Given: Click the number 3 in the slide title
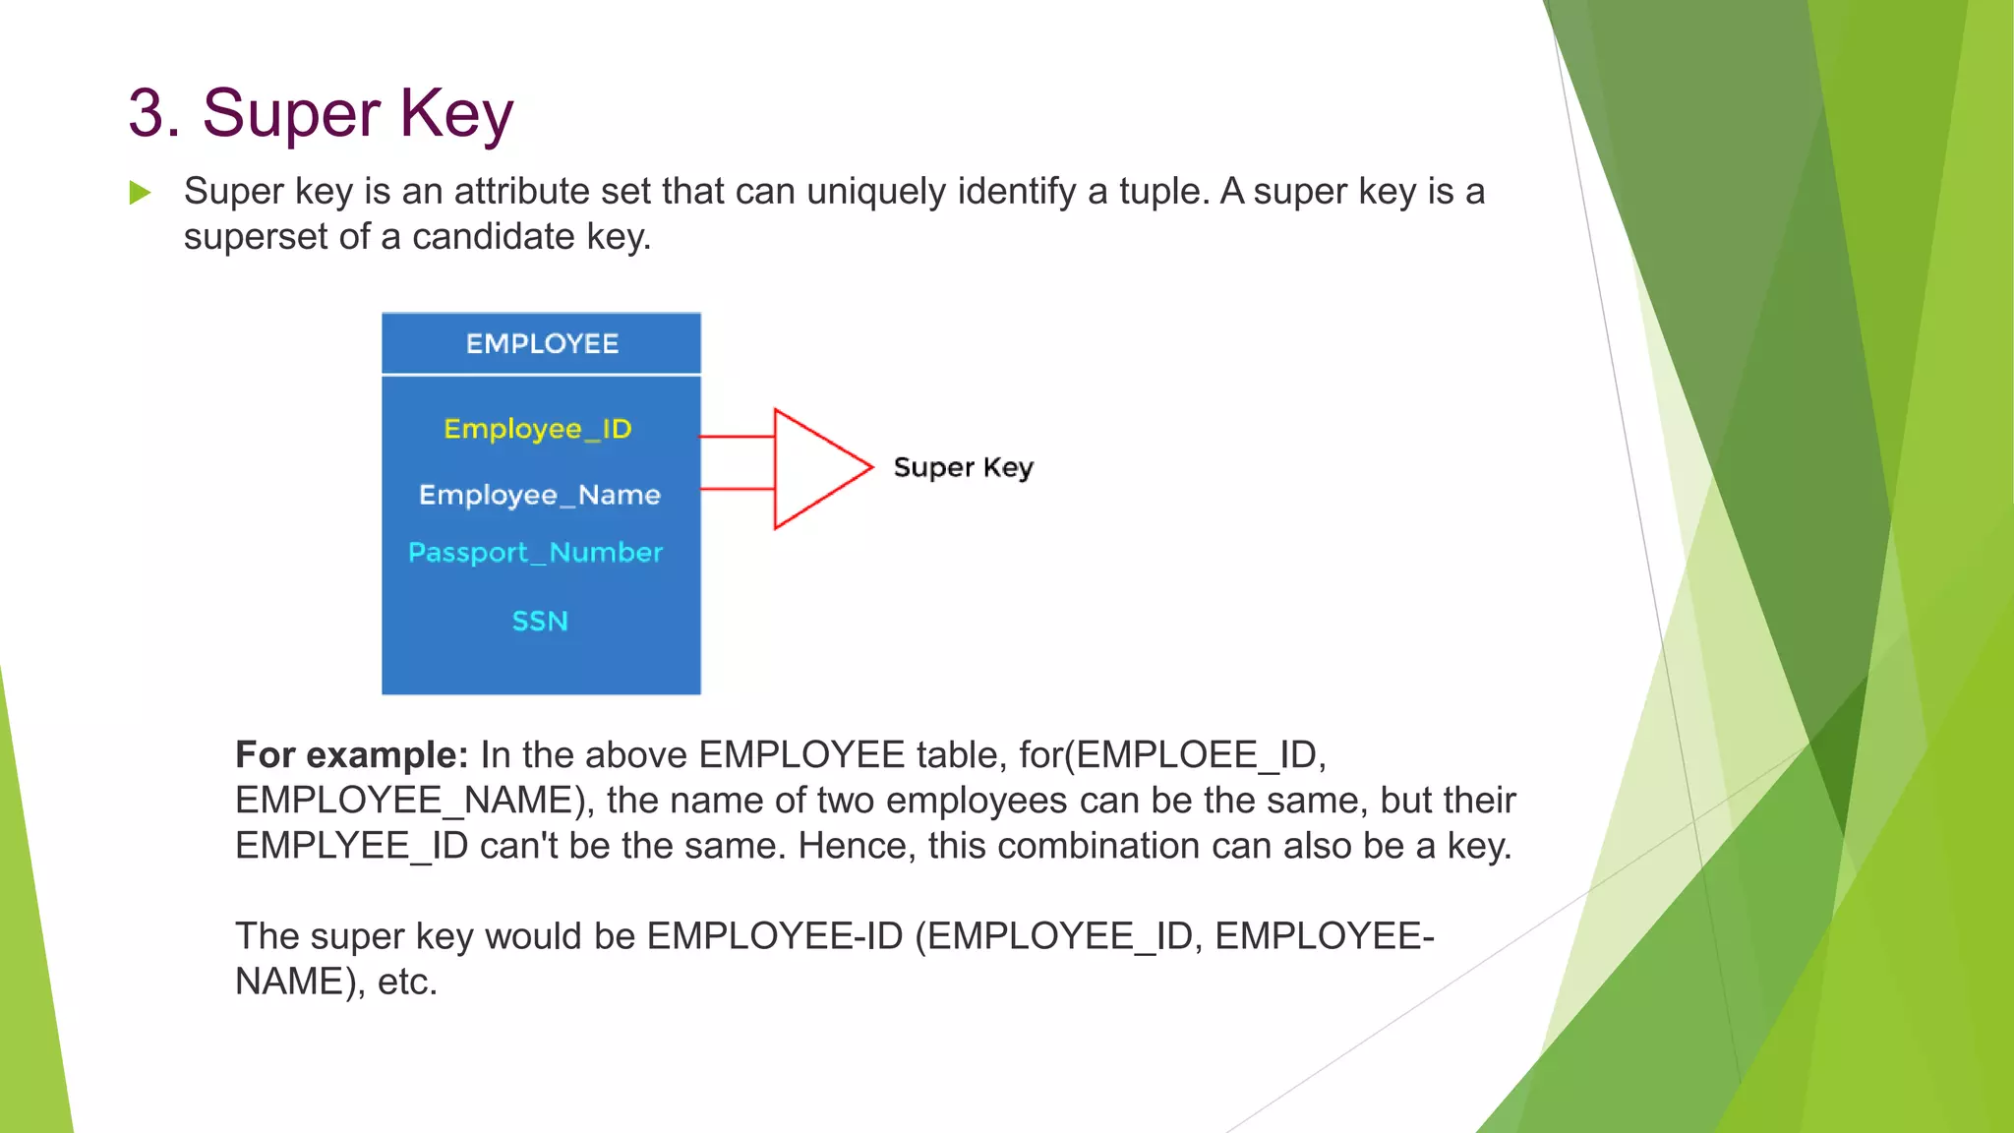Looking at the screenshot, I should (x=147, y=113).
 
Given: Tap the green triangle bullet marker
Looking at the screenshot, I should (x=140, y=193).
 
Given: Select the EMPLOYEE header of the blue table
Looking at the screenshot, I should (x=542, y=344).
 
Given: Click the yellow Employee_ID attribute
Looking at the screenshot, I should (x=538, y=429).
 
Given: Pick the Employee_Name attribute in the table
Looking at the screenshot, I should (x=539, y=495).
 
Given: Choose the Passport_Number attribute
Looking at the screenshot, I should (x=536, y=553).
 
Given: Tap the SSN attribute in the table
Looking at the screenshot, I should (x=540, y=622).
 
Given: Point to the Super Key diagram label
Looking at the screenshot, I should (x=963, y=468).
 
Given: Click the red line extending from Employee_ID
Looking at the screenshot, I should (x=737, y=437).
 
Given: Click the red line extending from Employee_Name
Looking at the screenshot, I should (x=737, y=489).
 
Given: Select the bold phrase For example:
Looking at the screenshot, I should (x=351, y=755).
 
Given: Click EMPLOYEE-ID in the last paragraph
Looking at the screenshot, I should (x=774, y=936).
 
